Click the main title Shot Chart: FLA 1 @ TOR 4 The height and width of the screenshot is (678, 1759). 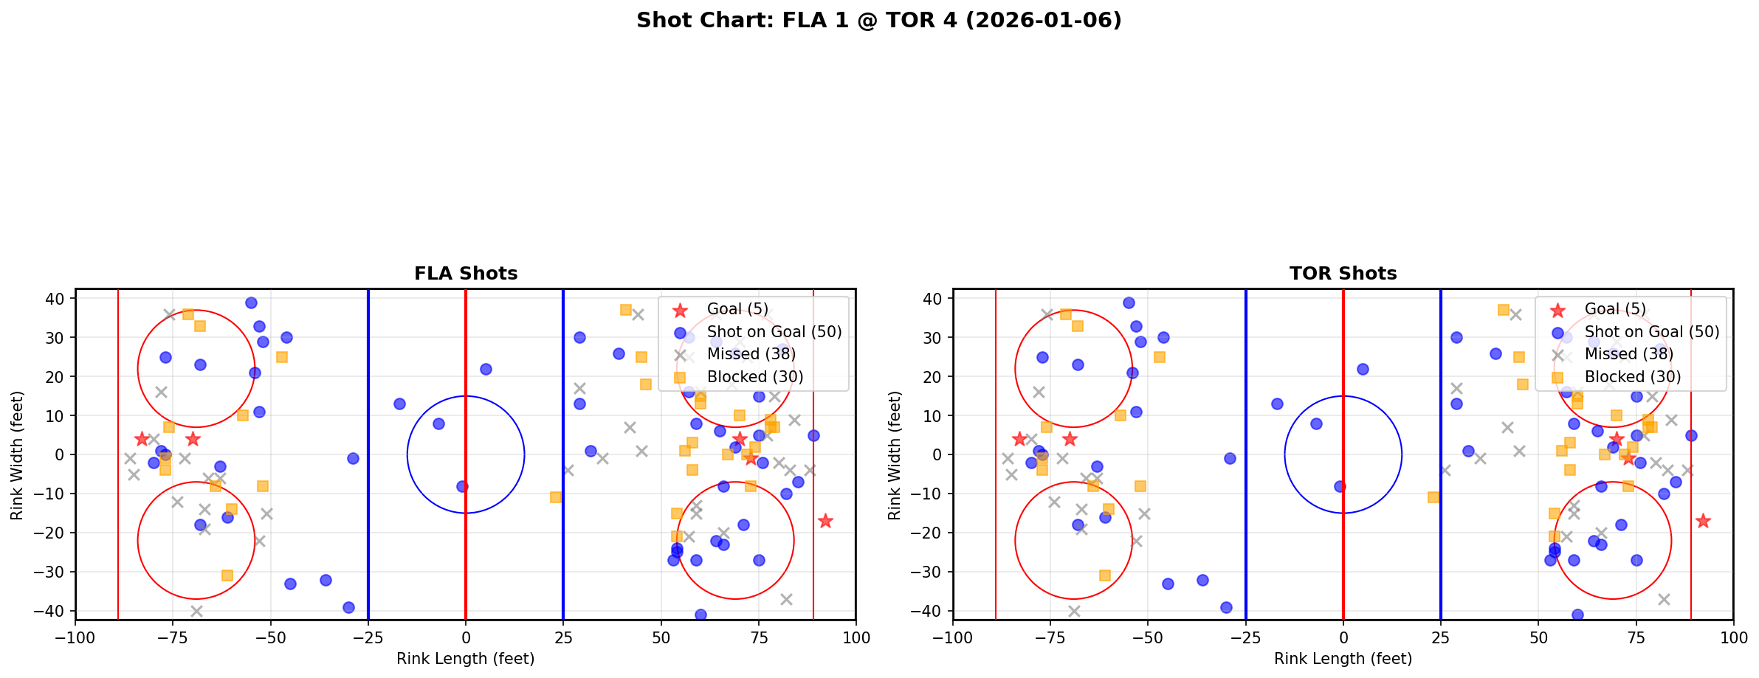pos(878,21)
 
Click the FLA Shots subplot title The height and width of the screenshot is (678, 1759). pos(466,274)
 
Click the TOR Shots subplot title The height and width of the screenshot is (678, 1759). pos(1343,274)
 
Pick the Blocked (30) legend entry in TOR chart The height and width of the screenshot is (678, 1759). pos(1632,377)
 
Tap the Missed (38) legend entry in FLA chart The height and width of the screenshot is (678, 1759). pos(751,354)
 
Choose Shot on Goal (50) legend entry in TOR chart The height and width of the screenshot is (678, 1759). pos(1651,332)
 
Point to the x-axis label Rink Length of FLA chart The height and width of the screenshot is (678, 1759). pos(465,659)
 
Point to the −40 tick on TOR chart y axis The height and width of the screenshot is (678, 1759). pos(932,611)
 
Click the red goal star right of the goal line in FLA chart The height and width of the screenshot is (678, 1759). pos(825,521)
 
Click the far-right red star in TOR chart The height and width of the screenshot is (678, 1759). pos(1703,521)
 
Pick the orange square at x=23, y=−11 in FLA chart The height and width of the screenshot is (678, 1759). pos(556,497)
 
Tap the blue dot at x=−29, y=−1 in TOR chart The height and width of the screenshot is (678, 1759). pos(1230,458)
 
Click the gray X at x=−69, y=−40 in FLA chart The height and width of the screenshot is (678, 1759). pos(196,611)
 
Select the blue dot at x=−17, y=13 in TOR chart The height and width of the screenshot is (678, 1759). pos(1277,404)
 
